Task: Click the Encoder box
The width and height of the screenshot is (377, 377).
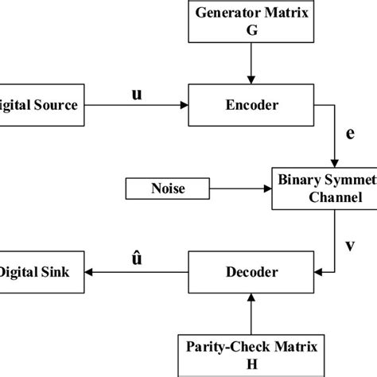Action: point(251,103)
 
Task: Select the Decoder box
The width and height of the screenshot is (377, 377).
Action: point(251,273)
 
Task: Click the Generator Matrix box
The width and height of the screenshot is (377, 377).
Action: point(250,21)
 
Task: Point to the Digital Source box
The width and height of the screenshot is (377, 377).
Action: point(40,103)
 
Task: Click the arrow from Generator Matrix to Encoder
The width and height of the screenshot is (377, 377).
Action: point(250,64)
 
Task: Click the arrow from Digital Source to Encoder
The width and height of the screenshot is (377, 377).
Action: point(135,104)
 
